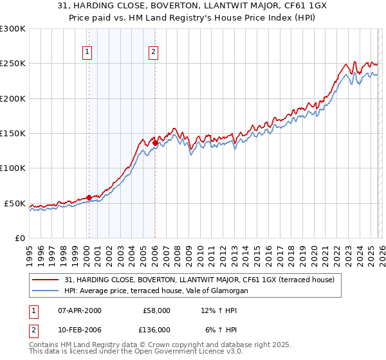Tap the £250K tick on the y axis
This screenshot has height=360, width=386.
13,64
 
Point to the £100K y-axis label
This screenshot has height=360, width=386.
13,168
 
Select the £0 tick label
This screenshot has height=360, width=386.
19,238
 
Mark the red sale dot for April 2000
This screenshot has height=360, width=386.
89,197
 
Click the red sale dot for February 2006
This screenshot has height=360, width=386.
156,143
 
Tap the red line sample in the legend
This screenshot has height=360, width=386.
46,280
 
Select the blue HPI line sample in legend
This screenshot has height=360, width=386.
46,291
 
